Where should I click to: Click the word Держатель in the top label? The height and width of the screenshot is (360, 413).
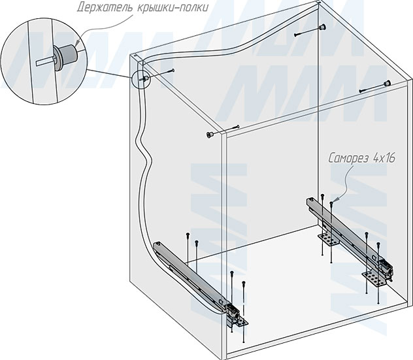point(105,7)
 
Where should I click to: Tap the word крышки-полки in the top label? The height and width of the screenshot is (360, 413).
point(173,7)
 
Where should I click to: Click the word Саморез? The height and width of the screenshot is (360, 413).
point(349,158)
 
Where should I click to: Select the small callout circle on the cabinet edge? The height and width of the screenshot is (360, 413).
point(141,79)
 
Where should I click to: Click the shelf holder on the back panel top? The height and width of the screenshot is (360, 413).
point(322,27)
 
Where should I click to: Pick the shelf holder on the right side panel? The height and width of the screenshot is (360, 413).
point(387,84)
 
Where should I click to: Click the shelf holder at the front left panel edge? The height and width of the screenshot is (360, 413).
point(209,135)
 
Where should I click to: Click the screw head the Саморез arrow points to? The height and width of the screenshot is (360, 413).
point(331,203)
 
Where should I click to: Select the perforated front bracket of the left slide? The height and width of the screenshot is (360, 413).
point(240,321)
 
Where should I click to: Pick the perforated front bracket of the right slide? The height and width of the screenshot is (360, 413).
point(374,279)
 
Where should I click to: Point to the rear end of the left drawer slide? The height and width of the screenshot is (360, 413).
point(159,246)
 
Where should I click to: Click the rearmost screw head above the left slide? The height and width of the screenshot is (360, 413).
point(188,235)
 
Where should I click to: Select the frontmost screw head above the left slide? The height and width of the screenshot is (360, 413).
point(244,283)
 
